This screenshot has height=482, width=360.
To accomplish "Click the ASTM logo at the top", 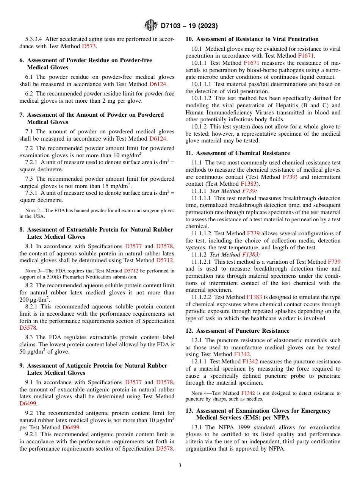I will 151,25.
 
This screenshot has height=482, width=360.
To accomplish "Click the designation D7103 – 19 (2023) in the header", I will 189,26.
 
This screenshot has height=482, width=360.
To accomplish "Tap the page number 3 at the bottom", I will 180,465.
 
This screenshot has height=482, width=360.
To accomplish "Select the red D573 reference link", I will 89,46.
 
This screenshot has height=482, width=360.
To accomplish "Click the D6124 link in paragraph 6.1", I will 157,84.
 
